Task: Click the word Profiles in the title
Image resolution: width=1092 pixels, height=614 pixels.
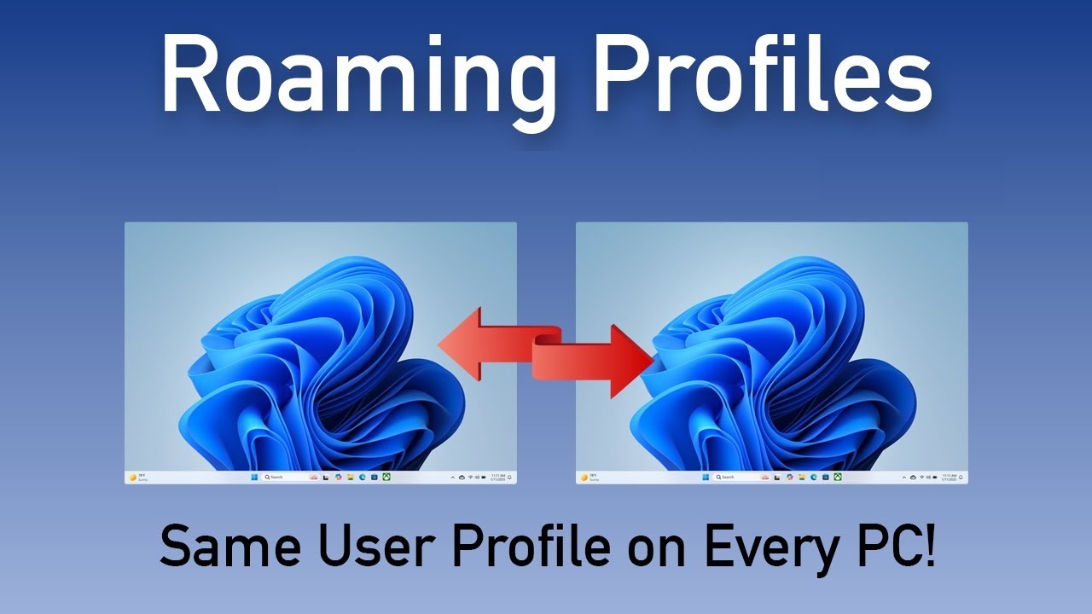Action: (761, 77)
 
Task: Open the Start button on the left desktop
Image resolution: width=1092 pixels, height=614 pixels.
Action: (254, 478)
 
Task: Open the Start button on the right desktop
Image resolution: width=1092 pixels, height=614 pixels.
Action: (706, 478)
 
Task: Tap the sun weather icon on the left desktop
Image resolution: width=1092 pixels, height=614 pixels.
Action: (132, 478)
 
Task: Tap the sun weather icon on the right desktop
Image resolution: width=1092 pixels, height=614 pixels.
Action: (584, 478)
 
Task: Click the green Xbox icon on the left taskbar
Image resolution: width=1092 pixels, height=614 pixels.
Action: (386, 478)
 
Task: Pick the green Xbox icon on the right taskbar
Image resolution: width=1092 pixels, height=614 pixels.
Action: (838, 478)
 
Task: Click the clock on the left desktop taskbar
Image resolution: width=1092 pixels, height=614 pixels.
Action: (499, 478)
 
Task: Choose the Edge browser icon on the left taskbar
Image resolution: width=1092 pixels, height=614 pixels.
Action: (363, 478)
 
